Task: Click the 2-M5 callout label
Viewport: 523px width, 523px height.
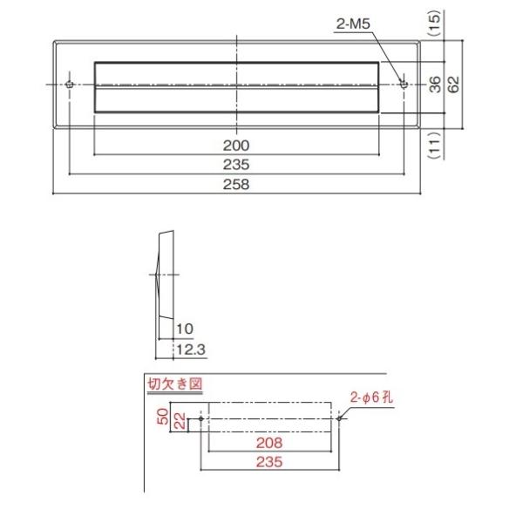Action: (x=353, y=24)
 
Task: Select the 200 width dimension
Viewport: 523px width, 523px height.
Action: (x=236, y=146)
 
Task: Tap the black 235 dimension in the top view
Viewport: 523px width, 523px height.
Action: (x=236, y=165)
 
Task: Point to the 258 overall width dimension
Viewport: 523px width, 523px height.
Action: (x=236, y=184)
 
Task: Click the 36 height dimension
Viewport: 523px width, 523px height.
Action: (x=435, y=84)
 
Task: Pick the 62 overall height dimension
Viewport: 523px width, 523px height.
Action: (x=453, y=84)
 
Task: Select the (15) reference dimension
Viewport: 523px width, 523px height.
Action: (x=435, y=23)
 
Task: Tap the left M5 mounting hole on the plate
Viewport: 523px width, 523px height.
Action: (x=70, y=84)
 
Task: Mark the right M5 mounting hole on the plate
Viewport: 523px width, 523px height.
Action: (x=404, y=84)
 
